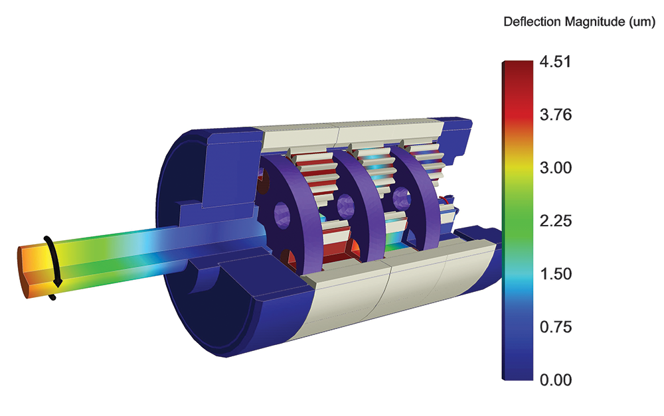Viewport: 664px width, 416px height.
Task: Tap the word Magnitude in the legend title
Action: (x=592, y=22)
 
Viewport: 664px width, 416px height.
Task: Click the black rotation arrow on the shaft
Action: (x=54, y=265)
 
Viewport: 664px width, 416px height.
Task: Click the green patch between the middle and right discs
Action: (x=394, y=243)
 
